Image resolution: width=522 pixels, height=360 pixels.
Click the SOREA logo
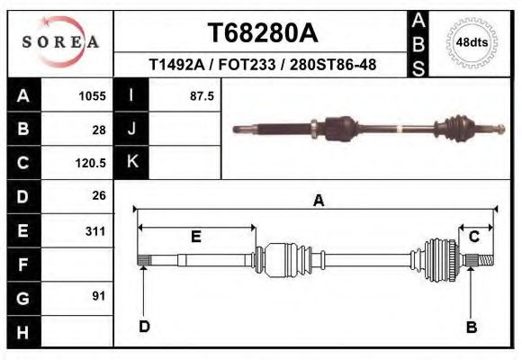coord(60,42)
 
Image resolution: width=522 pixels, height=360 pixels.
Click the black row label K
coord(132,162)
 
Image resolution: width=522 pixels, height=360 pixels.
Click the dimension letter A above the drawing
coord(318,202)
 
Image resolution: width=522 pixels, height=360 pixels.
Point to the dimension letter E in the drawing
coord(195,237)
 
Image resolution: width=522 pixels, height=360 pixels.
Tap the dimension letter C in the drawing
coord(473,236)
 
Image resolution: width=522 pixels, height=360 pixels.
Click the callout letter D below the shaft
coord(144,327)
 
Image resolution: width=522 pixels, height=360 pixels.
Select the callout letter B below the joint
coord(470,327)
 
